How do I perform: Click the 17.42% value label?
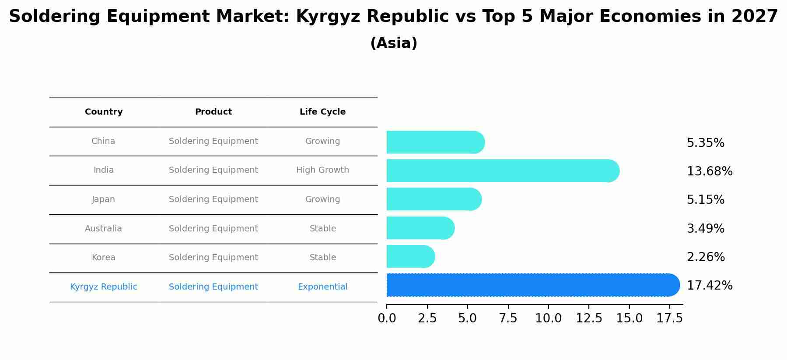[709, 286]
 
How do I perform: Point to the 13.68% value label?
[709, 171]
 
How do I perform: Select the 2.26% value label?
[706, 257]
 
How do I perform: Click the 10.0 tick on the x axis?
[548, 318]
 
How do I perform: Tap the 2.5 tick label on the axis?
[427, 318]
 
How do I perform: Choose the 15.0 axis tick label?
[629, 318]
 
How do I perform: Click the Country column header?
[104, 112]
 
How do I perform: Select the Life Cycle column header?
[322, 112]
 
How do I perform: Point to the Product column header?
[213, 112]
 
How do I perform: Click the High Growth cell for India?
[322, 170]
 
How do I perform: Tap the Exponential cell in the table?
[322, 287]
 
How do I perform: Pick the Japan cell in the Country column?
[103, 199]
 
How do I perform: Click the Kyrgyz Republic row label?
[104, 287]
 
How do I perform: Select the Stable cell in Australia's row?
[322, 229]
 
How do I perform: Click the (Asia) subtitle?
[394, 43]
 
